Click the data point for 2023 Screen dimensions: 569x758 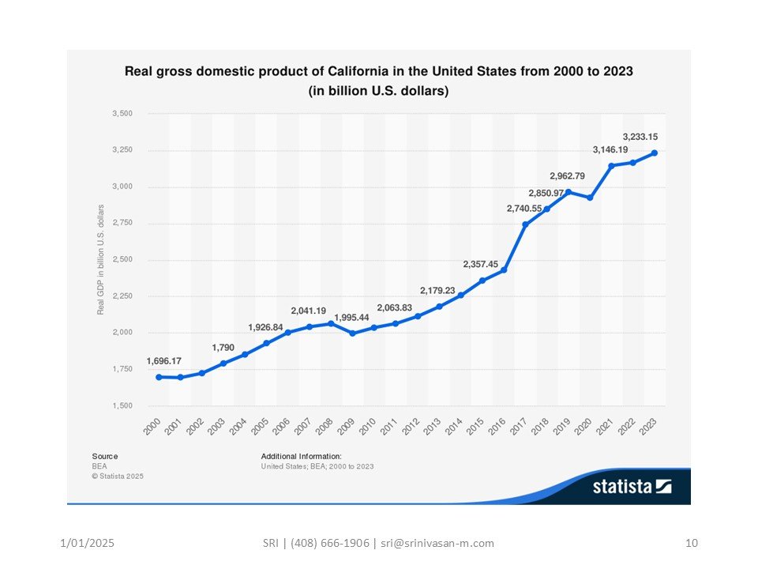(x=655, y=153)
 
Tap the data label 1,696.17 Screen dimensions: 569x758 (x=163, y=361)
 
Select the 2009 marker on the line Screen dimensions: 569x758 (x=352, y=333)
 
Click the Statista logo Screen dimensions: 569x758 (x=632, y=487)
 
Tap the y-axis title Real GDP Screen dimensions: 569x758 (x=101, y=259)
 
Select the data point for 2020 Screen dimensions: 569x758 (x=590, y=197)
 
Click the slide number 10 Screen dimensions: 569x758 (x=692, y=543)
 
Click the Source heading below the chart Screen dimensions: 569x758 (x=104, y=456)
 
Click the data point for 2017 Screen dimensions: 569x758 (x=525, y=224)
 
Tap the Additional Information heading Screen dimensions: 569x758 (x=301, y=456)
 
